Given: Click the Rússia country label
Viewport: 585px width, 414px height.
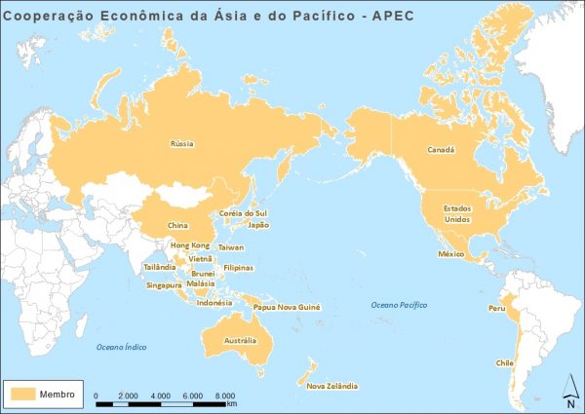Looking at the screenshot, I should (182, 143).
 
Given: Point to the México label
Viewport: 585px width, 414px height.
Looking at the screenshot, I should (448, 253).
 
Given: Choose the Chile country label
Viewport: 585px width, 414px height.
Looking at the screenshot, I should (505, 362).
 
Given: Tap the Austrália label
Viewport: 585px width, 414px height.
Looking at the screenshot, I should (240, 341).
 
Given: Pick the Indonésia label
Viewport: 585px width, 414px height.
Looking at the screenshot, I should (214, 302).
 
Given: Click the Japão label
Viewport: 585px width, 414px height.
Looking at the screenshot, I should (258, 224).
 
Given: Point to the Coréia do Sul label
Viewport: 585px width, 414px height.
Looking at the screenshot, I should (244, 212).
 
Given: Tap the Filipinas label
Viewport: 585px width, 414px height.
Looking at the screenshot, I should (238, 267).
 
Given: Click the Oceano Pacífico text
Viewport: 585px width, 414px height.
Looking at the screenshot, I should (400, 306).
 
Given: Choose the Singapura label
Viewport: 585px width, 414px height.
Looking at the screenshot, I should (164, 285).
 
